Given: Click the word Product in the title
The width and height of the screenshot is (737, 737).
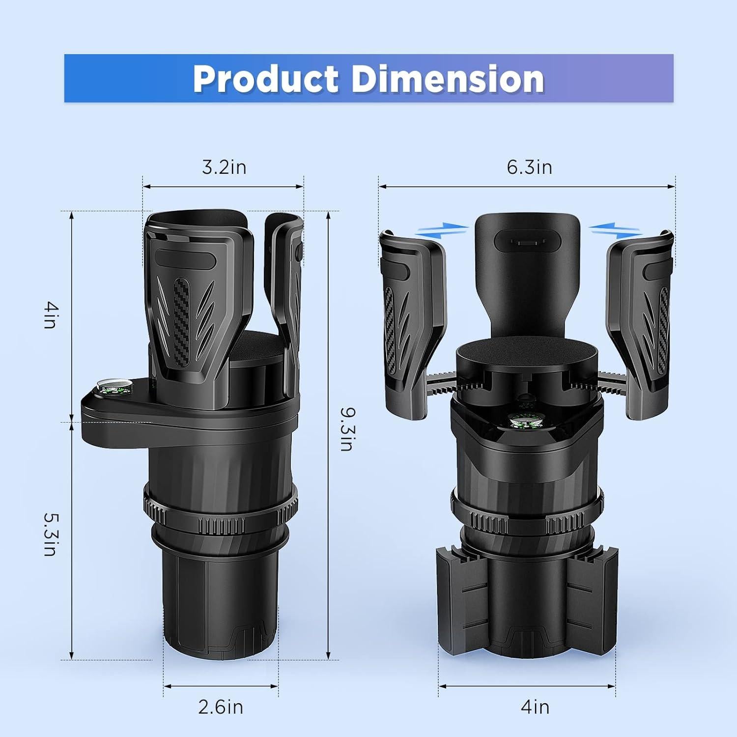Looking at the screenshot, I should (266, 79).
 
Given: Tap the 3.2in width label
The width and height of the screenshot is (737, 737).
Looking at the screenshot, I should (224, 167).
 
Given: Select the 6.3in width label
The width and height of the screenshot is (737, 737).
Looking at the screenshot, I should (529, 167).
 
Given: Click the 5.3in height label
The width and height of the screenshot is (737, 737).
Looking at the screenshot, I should (51, 534).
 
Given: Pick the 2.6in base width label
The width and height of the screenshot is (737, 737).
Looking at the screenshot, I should (221, 707).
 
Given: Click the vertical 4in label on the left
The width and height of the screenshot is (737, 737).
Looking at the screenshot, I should (51, 315).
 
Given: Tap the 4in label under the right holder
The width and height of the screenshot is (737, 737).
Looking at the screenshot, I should (535, 707).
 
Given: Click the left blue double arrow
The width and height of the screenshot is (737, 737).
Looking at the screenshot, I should (442, 229).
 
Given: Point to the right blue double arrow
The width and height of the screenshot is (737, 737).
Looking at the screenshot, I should (615, 229).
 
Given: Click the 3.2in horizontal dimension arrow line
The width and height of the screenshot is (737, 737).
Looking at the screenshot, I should (224, 187).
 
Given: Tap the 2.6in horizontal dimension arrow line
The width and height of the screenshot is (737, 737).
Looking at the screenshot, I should (221, 686).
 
